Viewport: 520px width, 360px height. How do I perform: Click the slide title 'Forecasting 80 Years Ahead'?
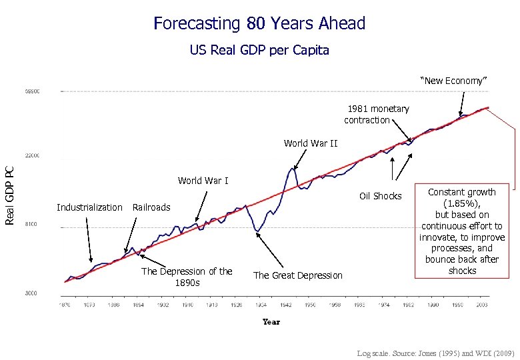point(259,24)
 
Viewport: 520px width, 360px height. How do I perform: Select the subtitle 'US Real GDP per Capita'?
point(259,51)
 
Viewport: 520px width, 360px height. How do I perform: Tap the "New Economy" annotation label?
point(454,81)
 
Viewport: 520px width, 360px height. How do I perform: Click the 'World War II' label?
point(311,143)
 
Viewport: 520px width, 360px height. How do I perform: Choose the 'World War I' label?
point(203,181)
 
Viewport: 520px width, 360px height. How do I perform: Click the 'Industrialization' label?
point(89,207)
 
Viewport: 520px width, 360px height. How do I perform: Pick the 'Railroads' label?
point(151,207)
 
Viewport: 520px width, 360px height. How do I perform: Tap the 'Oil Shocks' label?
point(380,196)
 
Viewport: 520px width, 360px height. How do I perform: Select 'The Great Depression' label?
point(297,275)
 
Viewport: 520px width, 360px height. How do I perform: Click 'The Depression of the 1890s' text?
point(187,277)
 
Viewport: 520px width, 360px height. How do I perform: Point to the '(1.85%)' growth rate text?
point(462,203)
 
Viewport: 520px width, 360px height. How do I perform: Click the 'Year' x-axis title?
point(271,321)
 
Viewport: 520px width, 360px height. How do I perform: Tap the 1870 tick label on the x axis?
point(65,305)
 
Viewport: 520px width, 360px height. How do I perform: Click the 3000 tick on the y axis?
point(32,293)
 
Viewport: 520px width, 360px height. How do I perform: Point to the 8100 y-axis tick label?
point(32,225)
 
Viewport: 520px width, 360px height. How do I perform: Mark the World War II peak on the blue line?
point(292,168)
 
